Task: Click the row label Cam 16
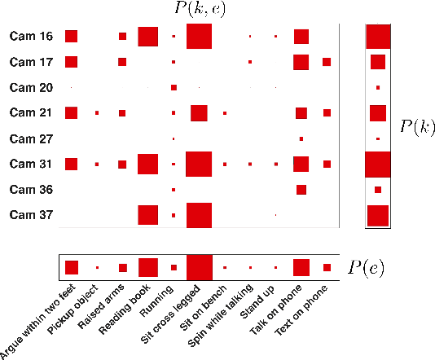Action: pyautogui.click(x=31, y=37)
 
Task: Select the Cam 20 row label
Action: pyautogui.click(x=31, y=87)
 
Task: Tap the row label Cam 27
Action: pyautogui.click(x=31, y=138)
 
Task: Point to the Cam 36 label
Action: pyautogui.click(x=31, y=190)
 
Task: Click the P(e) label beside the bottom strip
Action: pyautogui.click(x=365, y=267)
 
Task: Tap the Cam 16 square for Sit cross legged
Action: pyautogui.click(x=199, y=37)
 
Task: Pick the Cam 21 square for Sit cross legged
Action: pyautogui.click(x=199, y=112)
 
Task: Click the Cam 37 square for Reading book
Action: pyautogui.click(x=147, y=215)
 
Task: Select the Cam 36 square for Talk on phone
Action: pyautogui.click(x=301, y=190)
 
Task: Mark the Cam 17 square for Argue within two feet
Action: pyautogui.click(x=71, y=62)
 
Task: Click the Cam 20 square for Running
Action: pyautogui.click(x=174, y=87)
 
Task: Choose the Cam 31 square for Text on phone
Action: pyautogui.click(x=327, y=164)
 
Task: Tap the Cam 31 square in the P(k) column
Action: pyautogui.click(x=378, y=164)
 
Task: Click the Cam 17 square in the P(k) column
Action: pyautogui.click(x=378, y=62)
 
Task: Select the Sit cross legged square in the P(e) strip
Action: pyautogui.click(x=199, y=267)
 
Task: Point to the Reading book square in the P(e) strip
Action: pyautogui.click(x=147, y=267)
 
